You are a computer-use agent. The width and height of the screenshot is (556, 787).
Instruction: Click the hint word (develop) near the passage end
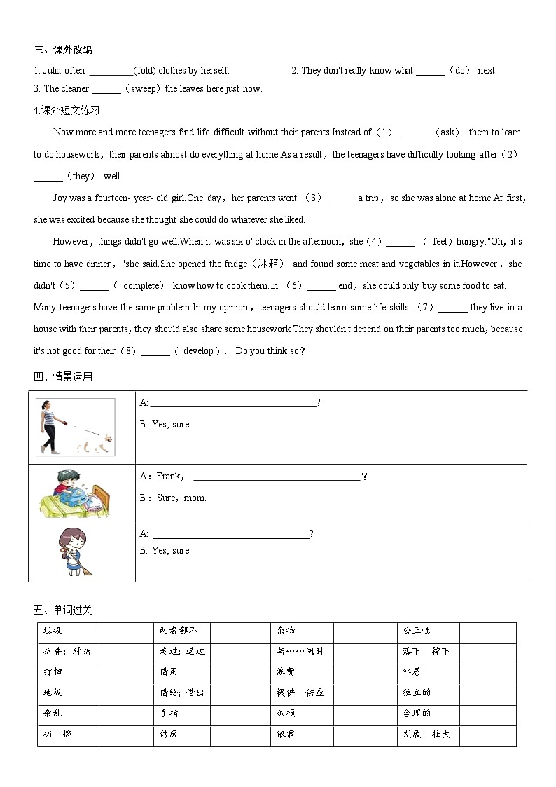[198, 351]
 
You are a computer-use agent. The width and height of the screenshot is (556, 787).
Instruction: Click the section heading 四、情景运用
[63, 377]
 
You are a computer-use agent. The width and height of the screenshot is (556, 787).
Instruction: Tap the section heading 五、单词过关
[63, 610]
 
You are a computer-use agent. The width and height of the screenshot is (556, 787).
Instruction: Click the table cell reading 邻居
[412, 671]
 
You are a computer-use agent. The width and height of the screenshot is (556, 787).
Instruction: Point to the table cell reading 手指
[169, 713]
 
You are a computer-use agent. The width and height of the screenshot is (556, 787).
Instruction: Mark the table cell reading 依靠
[286, 734]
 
